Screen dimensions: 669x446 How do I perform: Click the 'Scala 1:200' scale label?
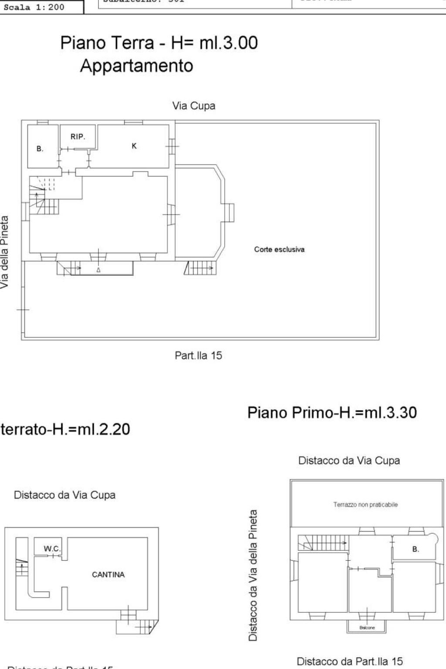[34, 7]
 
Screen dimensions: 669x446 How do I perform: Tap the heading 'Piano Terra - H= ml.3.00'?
[159, 43]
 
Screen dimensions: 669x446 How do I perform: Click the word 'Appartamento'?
[136, 66]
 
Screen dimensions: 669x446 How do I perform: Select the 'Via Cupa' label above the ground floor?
[193, 106]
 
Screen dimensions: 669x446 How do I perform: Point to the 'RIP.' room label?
[78, 137]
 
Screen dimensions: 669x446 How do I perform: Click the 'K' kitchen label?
[134, 146]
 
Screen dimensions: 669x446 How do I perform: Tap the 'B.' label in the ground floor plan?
[40, 149]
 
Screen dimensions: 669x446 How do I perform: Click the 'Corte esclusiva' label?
[279, 250]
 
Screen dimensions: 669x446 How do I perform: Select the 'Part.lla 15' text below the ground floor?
[198, 355]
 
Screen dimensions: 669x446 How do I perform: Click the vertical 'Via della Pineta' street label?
[5, 252]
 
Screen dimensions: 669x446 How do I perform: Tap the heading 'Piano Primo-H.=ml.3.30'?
[332, 412]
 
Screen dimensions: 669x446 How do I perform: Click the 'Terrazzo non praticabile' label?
[365, 505]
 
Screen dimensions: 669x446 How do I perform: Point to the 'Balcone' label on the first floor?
[367, 628]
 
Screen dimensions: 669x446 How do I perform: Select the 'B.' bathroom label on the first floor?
[416, 549]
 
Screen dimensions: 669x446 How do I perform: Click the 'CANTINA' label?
[108, 574]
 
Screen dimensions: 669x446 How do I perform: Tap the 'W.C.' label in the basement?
[52, 549]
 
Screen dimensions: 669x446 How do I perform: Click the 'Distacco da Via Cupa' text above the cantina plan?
[64, 495]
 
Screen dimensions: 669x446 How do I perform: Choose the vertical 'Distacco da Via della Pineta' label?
[253, 575]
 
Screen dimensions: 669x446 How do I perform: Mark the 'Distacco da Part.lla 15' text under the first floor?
[350, 662]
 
